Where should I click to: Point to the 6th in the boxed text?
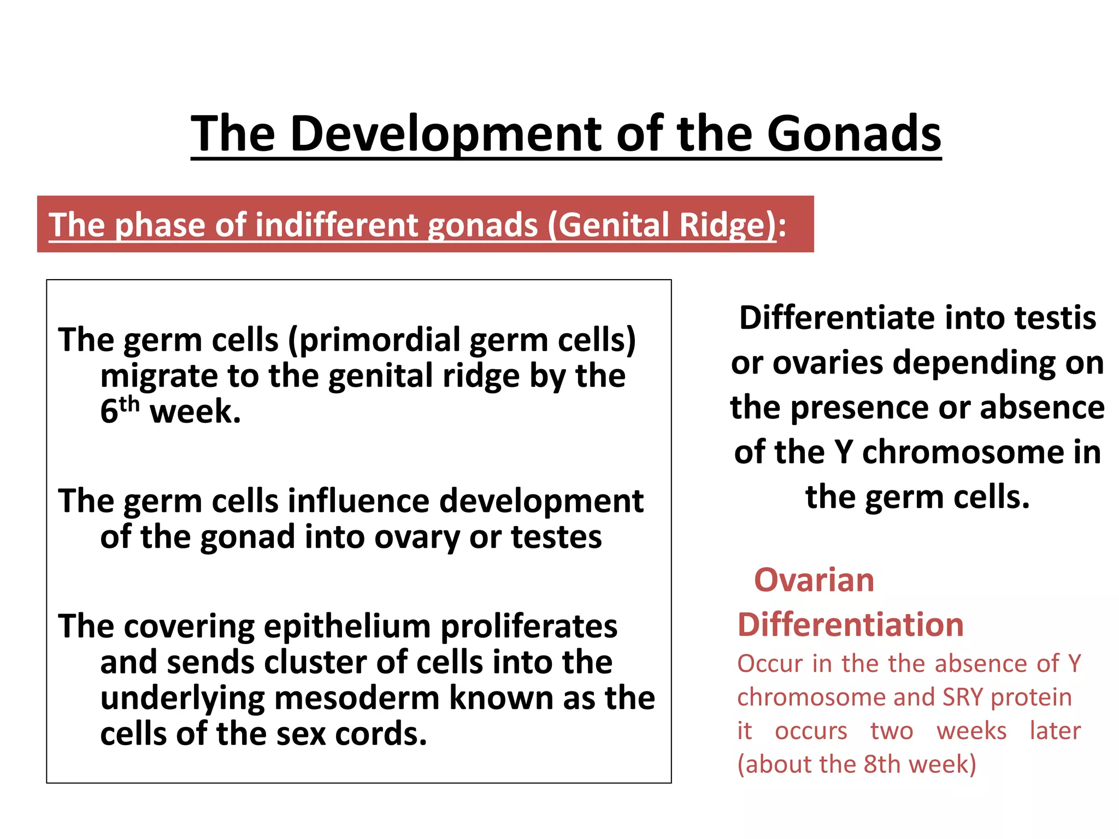coord(119,411)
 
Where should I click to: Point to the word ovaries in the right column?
coord(827,363)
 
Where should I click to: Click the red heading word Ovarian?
coord(814,580)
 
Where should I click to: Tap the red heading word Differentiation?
coord(850,625)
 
